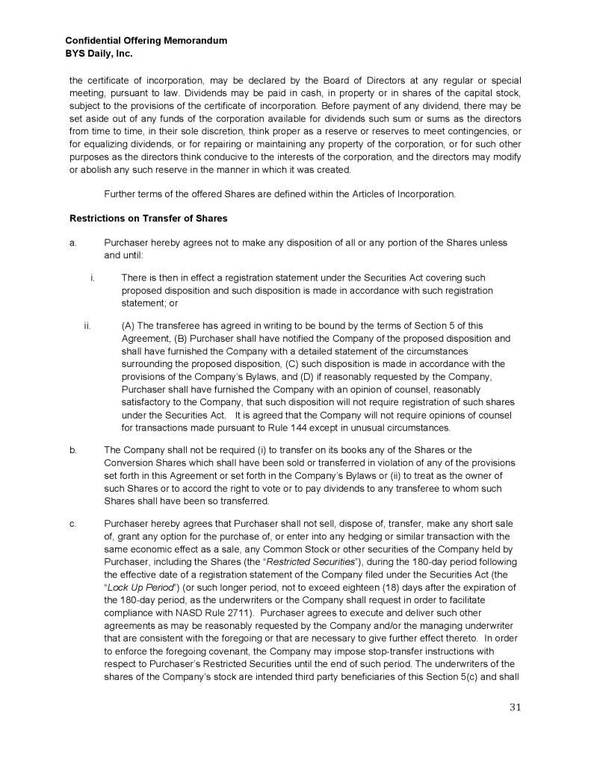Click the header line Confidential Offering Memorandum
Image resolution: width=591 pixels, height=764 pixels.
pos(146,40)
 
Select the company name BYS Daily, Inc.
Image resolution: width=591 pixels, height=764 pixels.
pos(100,54)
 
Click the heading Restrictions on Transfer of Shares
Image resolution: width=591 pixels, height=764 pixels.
pos(148,219)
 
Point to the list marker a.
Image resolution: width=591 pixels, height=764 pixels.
pos(72,243)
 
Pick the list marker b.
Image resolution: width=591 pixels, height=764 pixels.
pos(72,450)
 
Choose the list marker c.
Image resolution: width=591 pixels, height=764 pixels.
pos(72,523)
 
